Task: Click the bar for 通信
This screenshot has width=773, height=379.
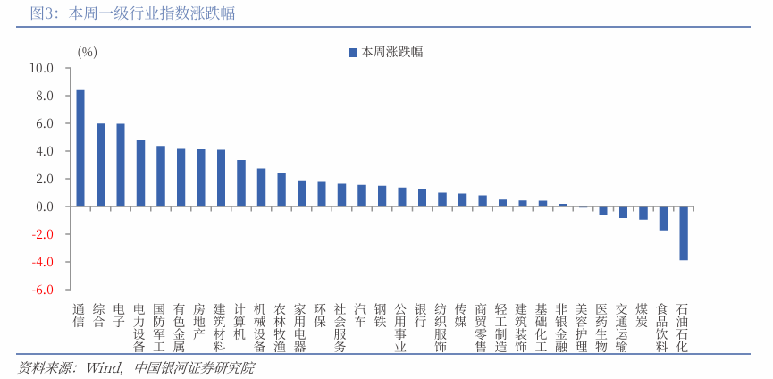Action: [x=80, y=148]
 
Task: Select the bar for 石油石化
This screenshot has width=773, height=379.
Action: [x=684, y=233]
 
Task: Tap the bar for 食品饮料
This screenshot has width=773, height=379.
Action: [x=663, y=218]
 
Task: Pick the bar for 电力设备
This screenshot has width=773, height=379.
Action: [x=140, y=173]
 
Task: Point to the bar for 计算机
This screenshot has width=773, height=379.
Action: [x=241, y=183]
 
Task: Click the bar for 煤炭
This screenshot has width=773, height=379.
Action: [x=643, y=213]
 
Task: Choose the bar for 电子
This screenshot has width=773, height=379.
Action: [x=121, y=165]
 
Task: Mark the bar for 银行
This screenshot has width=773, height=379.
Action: [x=422, y=198]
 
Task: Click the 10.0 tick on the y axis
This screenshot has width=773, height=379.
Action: [x=42, y=68]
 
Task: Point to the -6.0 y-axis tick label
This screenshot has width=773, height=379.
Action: [x=42, y=290]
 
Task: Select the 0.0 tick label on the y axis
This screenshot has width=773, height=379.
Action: [x=45, y=206]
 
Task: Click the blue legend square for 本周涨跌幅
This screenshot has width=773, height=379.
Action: [x=352, y=53]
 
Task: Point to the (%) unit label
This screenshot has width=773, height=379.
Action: [x=88, y=52]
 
